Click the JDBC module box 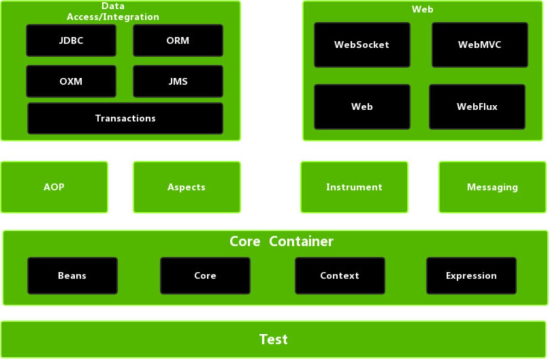pyautogui.click(x=71, y=40)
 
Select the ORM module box pyautogui.click(x=178, y=40)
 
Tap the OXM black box pyautogui.click(x=71, y=81)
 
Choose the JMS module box pyautogui.click(x=178, y=81)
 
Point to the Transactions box pyautogui.click(x=125, y=118)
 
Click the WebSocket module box pyautogui.click(x=362, y=45)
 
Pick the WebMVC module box pyautogui.click(x=479, y=45)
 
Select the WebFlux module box pyautogui.click(x=477, y=107)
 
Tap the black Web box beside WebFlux pyautogui.click(x=362, y=107)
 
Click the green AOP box pyautogui.click(x=54, y=187)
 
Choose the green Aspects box pyautogui.click(x=187, y=187)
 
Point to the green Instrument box pyautogui.click(x=354, y=187)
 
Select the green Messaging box pyautogui.click(x=492, y=187)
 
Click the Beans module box pyautogui.click(x=72, y=275)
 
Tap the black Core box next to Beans pyautogui.click(x=205, y=275)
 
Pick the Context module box pyautogui.click(x=340, y=275)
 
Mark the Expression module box pyautogui.click(x=471, y=275)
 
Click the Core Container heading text pyautogui.click(x=281, y=241)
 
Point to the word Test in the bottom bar pyautogui.click(x=273, y=339)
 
